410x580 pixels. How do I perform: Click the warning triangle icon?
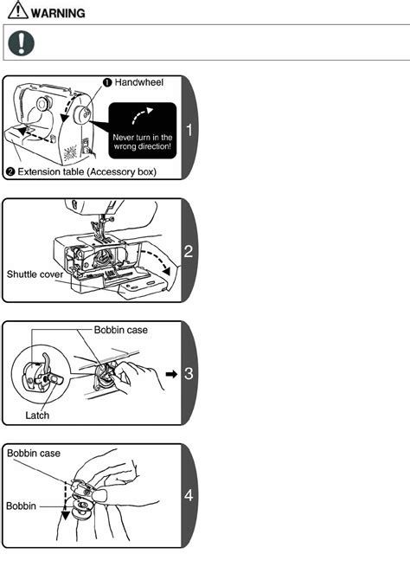pyautogui.click(x=18, y=10)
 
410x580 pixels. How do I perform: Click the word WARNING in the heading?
pyautogui.click(x=58, y=13)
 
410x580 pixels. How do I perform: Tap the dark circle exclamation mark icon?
pyautogui.click(x=21, y=43)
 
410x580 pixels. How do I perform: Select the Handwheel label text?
pyautogui.click(x=138, y=82)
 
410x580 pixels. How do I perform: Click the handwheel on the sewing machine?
pyautogui.click(x=82, y=114)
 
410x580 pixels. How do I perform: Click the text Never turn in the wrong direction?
pyautogui.click(x=143, y=142)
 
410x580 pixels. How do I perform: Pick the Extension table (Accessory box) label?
pyautogui.click(x=86, y=172)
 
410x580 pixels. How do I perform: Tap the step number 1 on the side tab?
pyautogui.click(x=189, y=130)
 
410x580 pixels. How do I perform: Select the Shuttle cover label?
pyautogui.click(x=35, y=274)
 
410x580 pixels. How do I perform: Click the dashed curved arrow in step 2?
pyautogui.click(x=156, y=260)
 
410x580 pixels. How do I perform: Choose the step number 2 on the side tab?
pyautogui.click(x=189, y=252)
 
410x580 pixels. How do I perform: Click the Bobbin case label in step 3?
pyautogui.click(x=121, y=330)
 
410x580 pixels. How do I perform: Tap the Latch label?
pyautogui.click(x=37, y=415)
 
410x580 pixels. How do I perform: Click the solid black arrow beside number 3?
pyautogui.click(x=171, y=374)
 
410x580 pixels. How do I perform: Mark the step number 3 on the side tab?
pyautogui.click(x=189, y=374)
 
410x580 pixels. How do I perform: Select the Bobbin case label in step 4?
pyautogui.click(x=34, y=454)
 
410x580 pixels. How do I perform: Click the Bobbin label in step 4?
pyautogui.click(x=21, y=506)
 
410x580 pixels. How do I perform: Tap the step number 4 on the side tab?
pyautogui.click(x=189, y=495)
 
